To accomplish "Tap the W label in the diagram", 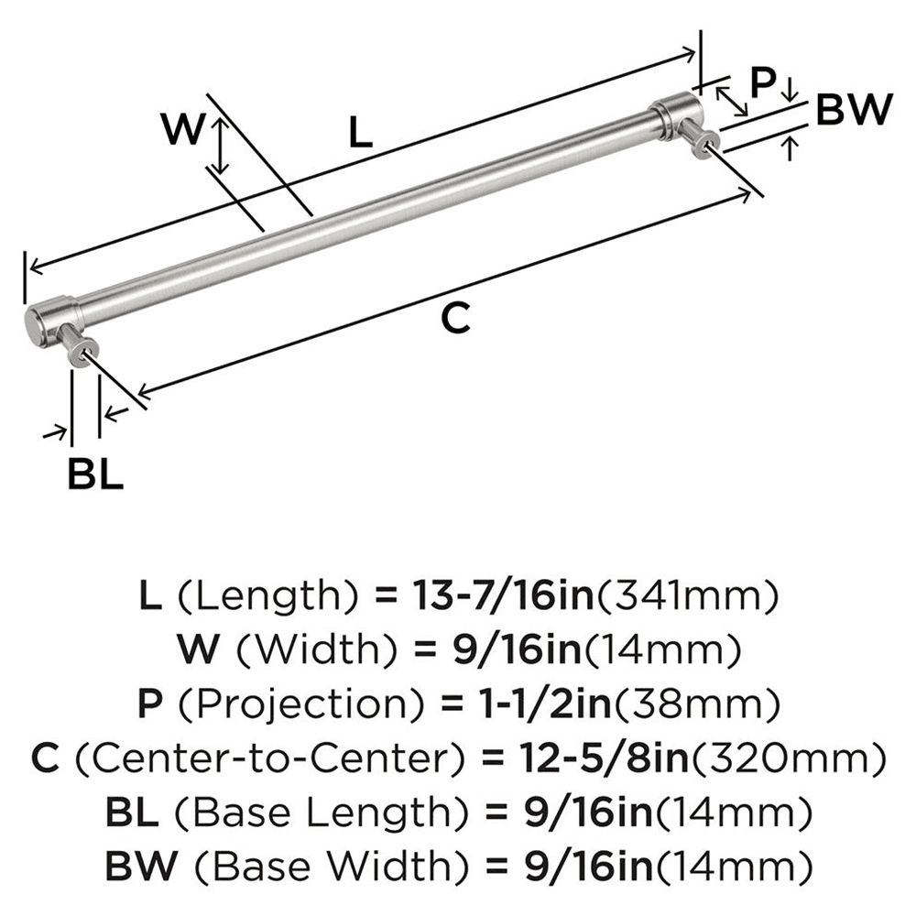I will [181, 129].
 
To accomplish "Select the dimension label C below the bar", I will [455, 319].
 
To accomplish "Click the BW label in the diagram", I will [853, 111].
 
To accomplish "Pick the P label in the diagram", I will [763, 83].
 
